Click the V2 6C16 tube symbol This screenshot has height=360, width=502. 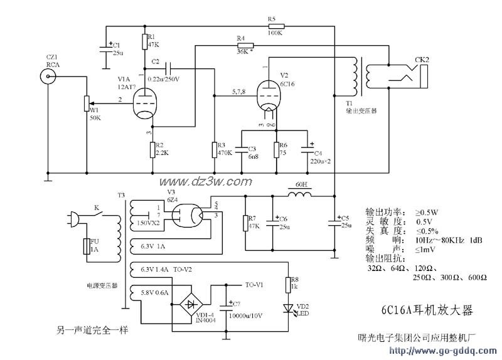point(270,96)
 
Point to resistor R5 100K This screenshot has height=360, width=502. point(275,26)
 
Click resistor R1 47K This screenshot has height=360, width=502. point(145,42)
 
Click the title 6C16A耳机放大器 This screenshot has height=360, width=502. point(426,309)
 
